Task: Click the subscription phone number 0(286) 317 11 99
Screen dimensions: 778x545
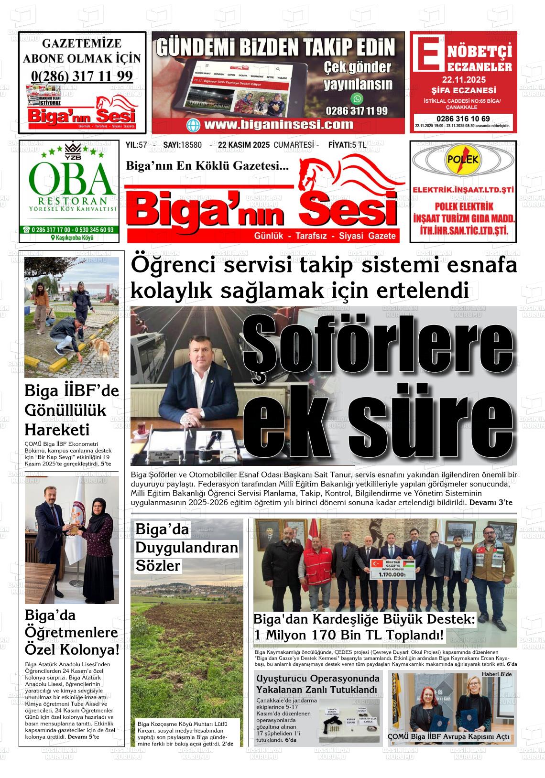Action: click(x=82, y=76)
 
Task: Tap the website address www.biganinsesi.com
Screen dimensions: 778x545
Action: click(x=278, y=125)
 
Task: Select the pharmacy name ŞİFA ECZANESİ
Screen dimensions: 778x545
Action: click(x=463, y=90)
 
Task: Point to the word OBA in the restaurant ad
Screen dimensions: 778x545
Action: click(x=69, y=178)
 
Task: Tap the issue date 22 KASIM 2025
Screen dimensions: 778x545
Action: click(x=244, y=145)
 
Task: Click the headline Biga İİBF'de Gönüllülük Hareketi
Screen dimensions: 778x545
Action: click(x=72, y=410)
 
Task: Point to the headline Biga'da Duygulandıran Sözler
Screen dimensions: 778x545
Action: click(x=186, y=547)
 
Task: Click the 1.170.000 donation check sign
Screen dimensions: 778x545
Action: click(x=392, y=569)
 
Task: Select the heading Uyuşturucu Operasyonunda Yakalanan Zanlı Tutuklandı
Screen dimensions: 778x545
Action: click(x=317, y=684)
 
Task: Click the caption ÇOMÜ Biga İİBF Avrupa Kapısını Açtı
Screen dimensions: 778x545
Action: click(x=448, y=736)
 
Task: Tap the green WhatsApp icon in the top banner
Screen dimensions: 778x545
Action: click(x=357, y=99)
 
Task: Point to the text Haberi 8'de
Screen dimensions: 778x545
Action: click(x=496, y=674)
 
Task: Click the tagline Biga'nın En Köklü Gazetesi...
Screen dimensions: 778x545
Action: click(x=207, y=166)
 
